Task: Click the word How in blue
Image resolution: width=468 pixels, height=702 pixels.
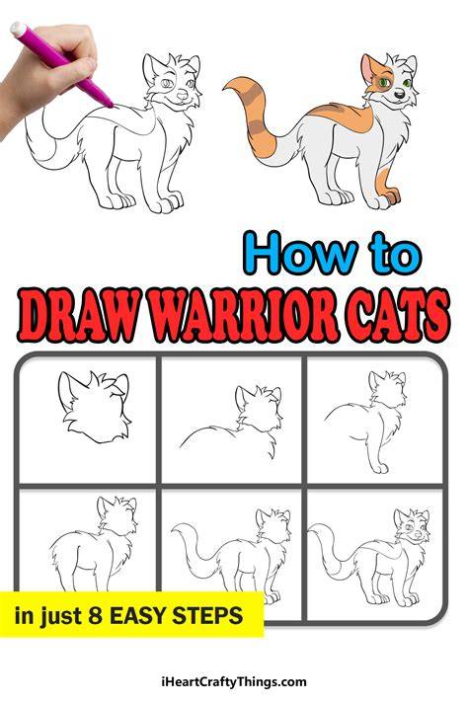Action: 301,254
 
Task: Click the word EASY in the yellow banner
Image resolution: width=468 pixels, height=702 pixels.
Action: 139,615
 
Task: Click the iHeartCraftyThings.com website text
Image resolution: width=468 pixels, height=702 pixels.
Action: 234,682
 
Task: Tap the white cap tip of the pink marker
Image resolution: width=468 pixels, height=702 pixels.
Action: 18,30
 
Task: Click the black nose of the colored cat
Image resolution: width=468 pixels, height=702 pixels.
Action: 400,93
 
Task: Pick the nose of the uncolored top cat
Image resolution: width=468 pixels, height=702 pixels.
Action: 182,95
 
